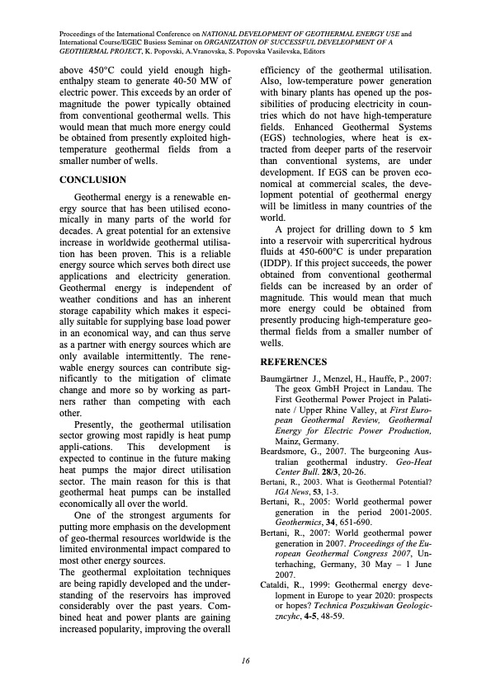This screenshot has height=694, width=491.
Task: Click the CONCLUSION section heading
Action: pyautogui.click(x=93, y=179)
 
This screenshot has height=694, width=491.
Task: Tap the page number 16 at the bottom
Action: pyautogui.click(x=245, y=659)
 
